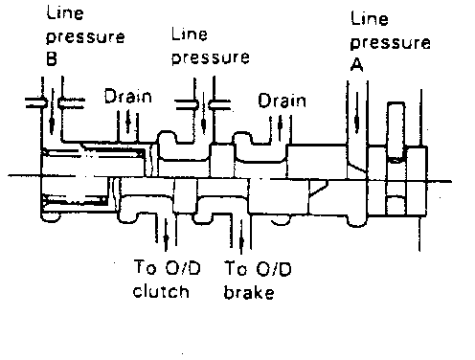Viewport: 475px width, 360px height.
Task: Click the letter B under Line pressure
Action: pyautogui.click(x=52, y=58)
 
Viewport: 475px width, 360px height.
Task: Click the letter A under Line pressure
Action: pyautogui.click(x=357, y=65)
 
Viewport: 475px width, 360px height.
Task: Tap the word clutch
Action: pyautogui.click(x=161, y=292)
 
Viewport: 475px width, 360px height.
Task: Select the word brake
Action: pyautogui.click(x=249, y=293)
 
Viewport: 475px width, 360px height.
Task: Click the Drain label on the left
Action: pyautogui.click(x=128, y=96)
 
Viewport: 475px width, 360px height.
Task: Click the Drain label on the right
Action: pyautogui.click(x=283, y=101)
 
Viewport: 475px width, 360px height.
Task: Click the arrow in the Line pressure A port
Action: pyautogui.click(x=357, y=112)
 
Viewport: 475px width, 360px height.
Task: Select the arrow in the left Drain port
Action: pyautogui.click(x=128, y=122)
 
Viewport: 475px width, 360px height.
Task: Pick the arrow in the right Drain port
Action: pyautogui.click(x=280, y=126)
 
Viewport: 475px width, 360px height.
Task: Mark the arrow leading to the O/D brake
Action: pyautogui.click(x=241, y=236)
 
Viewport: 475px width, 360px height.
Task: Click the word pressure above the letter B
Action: pyautogui.click(x=85, y=37)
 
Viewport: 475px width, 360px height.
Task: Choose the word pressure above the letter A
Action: pyautogui.click(x=391, y=43)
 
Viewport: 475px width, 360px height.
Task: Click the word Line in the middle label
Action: pyautogui.click(x=190, y=34)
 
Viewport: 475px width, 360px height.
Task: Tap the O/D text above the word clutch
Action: pyautogui.click(x=183, y=267)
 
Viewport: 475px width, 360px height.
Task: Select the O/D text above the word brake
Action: pyautogui.click(x=274, y=269)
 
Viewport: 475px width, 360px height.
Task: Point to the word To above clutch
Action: pyautogui.click(x=146, y=267)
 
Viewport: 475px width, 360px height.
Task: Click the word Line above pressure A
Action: pyautogui.click(x=370, y=18)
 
